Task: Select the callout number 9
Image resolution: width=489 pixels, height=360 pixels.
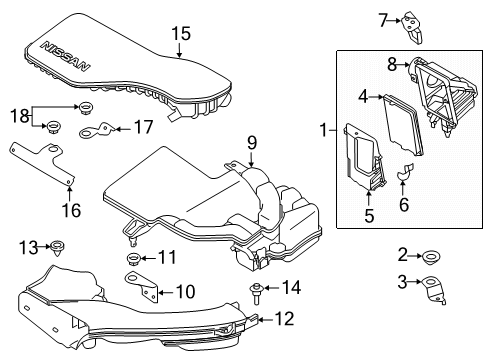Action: click(253, 142)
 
